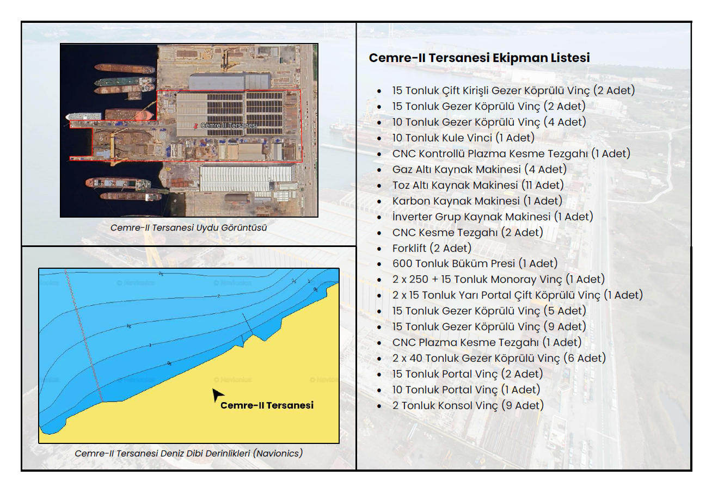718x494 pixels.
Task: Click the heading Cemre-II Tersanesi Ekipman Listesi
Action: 479,58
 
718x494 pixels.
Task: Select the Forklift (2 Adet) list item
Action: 432,248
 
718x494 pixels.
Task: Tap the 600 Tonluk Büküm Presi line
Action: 475,264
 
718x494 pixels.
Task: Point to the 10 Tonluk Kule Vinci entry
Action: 463,138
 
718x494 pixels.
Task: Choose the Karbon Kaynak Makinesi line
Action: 477,201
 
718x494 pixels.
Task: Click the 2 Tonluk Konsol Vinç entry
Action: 468,405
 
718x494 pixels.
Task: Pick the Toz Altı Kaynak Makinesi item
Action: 478,185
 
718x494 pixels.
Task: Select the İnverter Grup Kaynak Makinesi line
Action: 493,217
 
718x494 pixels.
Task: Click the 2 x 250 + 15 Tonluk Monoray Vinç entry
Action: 499,279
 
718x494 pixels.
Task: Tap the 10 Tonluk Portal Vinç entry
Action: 466,390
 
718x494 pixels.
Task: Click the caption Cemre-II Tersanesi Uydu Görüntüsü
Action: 188,228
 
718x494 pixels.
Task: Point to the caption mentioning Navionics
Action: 188,453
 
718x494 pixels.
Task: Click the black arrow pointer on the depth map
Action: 217,394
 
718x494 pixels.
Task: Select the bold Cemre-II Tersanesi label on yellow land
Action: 267,405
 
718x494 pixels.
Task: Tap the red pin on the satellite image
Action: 196,126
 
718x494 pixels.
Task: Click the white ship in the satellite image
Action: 84,116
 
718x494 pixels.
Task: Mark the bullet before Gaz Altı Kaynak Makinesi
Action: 379,170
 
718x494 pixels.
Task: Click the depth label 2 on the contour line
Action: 218,296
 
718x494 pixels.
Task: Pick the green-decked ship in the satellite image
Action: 124,82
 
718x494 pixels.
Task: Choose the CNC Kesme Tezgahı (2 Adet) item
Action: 468,232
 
